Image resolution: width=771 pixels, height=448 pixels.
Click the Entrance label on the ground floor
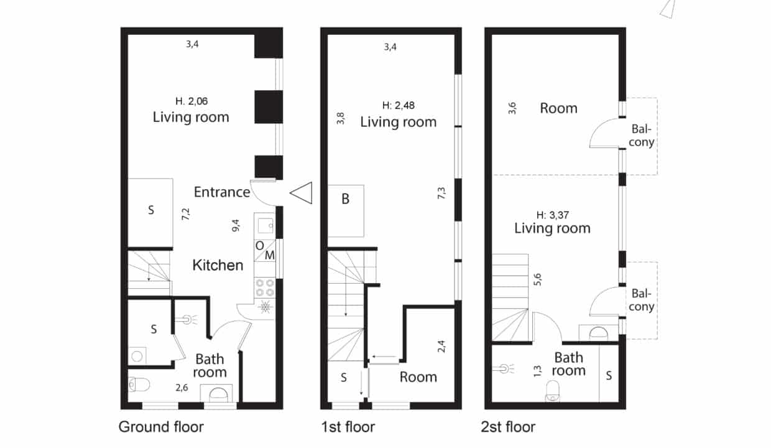(x=222, y=192)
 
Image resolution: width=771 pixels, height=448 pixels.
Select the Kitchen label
(x=218, y=265)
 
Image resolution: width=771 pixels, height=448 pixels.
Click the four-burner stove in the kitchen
(x=265, y=288)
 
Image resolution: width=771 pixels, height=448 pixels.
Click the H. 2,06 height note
(x=192, y=101)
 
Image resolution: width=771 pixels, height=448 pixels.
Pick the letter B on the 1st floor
(x=345, y=199)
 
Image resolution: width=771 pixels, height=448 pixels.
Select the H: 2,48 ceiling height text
(x=398, y=105)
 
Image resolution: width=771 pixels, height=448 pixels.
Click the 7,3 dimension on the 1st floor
(x=441, y=193)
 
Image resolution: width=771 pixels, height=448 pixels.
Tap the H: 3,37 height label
(x=552, y=215)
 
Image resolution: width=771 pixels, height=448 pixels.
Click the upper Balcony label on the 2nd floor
(x=642, y=135)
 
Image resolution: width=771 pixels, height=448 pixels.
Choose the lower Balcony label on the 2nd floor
(x=642, y=300)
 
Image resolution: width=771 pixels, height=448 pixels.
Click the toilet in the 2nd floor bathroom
(x=552, y=391)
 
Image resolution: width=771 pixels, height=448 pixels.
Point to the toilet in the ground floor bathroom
(x=139, y=385)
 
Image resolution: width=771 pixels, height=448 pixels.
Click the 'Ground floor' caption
(x=161, y=427)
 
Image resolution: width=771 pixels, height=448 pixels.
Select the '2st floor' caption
(x=508, y=427)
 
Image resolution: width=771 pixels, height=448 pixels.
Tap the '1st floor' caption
(x=348, y=427)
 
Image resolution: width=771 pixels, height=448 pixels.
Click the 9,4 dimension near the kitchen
(x=236, y=225)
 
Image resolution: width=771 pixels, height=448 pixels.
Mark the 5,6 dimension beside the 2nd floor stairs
(x=537, y=279)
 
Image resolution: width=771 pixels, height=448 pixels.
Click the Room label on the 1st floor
(x=418, y=377)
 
